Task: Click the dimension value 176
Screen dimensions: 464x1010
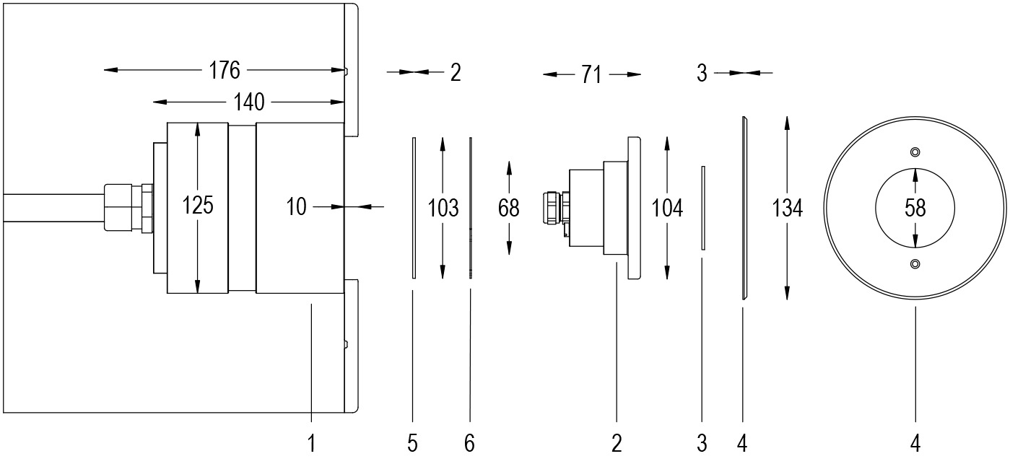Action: click(x=225, y=71)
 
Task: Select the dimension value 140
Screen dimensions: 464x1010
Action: click(x=250, y=103)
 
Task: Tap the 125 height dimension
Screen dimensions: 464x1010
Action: click(x=198, y=206)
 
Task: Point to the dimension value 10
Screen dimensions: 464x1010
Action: click(x=297, y=208)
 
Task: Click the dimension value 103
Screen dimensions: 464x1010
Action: click(x=443, y=209)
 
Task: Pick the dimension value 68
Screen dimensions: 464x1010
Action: click(x=509, y=208)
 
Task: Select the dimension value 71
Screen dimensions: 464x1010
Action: click(x=591, y=75)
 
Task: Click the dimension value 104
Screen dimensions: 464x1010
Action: click(x=667, y=209)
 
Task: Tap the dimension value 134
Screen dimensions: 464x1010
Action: click(x=787, y=209)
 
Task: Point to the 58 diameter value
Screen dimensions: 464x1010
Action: click(x=915, y=209)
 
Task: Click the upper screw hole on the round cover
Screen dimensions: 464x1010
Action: click(x=915, y=152)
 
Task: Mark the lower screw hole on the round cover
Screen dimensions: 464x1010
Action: click(x=915, y=264)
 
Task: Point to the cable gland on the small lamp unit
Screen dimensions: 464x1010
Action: click(x=552, y=207)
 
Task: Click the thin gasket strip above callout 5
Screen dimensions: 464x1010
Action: click(x=414, y=208)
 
